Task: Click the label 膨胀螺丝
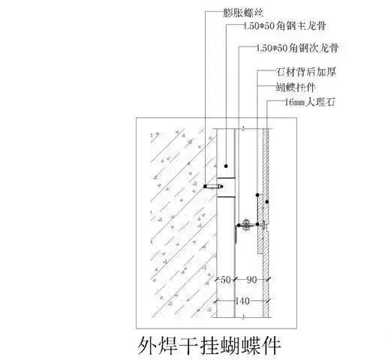pos(243,13)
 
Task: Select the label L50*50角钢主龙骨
pos(284,26)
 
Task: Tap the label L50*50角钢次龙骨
pos(298,48)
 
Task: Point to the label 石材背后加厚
pos(306,72)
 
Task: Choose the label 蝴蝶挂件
pos(296,87)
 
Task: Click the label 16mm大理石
pos(310,102)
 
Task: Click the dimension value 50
pos(225,280)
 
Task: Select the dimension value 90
pos(251,280)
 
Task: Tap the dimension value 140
pos(242,301)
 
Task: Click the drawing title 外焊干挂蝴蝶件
pos(209,346)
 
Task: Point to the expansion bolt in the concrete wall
pos(214,186)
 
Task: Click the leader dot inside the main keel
pos(226,166)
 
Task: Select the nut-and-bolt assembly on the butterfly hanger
pos(246,225)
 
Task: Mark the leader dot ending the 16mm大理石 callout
pos(267,202)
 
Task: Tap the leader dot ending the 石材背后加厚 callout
pos(257,194)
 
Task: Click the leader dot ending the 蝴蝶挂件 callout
pos(257,224)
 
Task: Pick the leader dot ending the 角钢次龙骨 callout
pos(239,225)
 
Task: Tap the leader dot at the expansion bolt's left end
pos(206,186)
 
